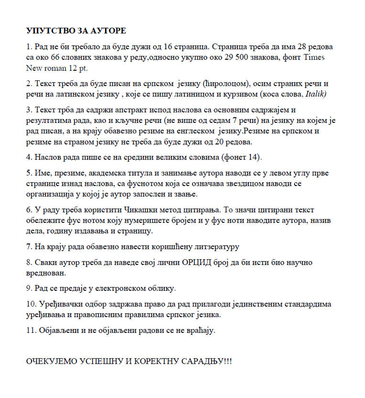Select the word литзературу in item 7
point(215,247)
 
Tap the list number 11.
point(31,331)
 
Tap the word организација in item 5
point(52,194)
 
